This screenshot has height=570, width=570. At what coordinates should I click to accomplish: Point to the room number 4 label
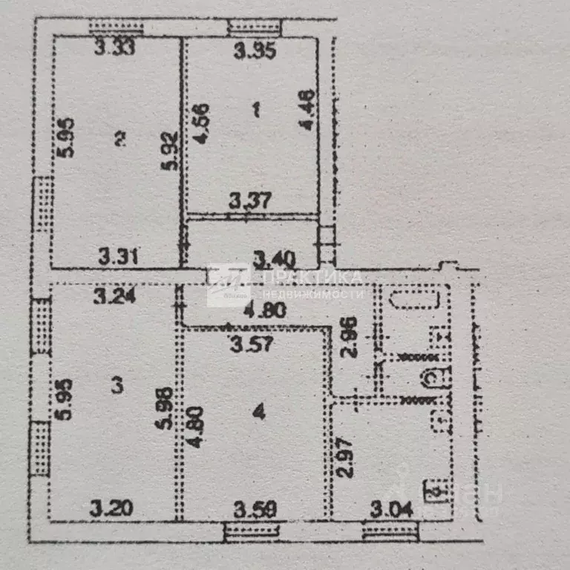coord(258,413)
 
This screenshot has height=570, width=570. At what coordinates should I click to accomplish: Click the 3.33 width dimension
coord(117,50)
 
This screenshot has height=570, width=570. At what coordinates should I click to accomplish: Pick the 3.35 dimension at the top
coord(255,51)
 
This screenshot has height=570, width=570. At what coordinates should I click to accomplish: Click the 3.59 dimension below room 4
coord(255,510)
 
